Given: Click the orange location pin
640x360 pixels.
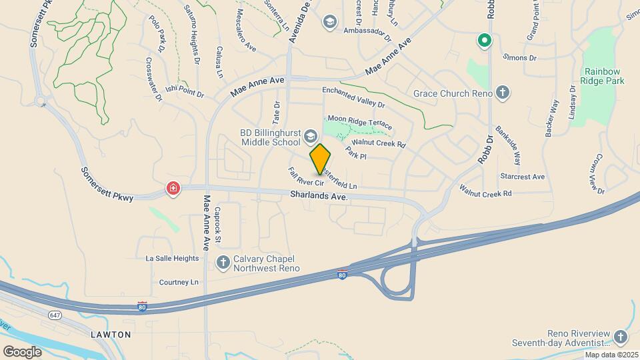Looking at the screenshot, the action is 321,159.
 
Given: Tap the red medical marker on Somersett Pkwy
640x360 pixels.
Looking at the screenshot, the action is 173,189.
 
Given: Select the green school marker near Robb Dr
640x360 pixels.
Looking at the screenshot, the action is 484,41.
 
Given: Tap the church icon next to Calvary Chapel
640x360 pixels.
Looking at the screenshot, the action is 224,261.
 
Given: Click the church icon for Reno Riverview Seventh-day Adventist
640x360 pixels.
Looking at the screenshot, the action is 621,337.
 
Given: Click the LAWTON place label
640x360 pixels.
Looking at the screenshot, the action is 110,333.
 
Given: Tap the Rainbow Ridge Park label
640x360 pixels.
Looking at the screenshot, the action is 604,76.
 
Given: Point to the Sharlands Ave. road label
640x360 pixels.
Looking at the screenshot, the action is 319,195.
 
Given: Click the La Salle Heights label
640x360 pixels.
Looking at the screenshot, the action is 172,258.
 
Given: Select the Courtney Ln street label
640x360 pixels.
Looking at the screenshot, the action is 179,282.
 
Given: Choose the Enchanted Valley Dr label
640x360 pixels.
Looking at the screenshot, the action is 353,97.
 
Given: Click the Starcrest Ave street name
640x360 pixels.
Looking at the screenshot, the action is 522,177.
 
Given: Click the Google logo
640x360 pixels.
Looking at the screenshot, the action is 23,351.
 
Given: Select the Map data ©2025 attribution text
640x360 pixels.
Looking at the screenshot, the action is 611,355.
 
